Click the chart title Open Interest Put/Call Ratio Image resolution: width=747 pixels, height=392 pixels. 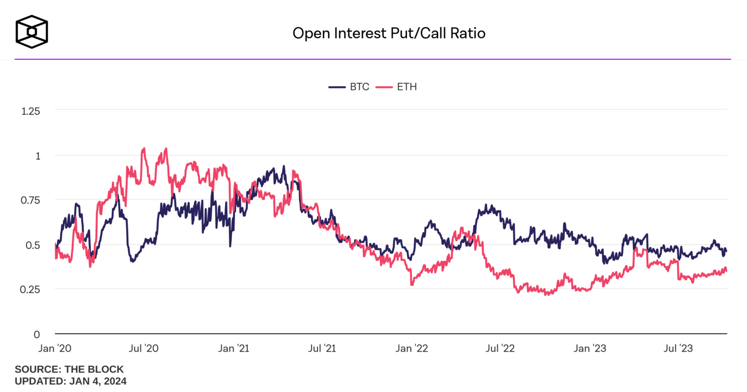point(389,33)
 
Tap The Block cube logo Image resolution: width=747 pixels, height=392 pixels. point(32,32)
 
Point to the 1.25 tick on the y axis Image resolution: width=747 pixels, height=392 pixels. point(31,111)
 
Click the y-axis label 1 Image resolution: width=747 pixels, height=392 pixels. point(37,156)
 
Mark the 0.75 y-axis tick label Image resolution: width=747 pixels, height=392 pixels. point(31,200)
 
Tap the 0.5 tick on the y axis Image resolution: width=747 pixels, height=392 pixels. point(33,245)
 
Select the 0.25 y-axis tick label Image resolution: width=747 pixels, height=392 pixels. point(31,289)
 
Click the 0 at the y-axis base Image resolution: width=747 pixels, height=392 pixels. point(37,334)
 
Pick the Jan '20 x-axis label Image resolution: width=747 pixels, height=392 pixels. point(55,348)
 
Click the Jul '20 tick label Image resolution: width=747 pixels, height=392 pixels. point(144,348)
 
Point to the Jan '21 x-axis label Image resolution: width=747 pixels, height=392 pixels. point(233,348)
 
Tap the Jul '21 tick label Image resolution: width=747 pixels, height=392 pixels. point(322,348)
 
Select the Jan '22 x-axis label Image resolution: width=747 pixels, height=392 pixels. point(411,348)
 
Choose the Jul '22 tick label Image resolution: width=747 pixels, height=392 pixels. point(500,348)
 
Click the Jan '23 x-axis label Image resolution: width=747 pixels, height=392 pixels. point(589,348)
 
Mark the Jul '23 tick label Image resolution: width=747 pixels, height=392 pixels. point(678,348)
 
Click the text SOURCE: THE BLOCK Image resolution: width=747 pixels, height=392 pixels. point(69,369)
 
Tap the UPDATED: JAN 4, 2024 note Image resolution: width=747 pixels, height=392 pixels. point(71,381)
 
